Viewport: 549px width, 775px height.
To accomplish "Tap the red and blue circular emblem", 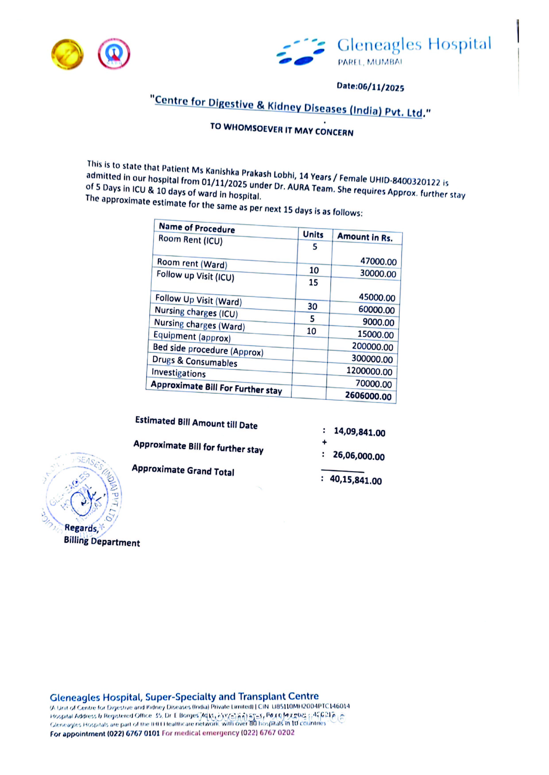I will (x=114, y=54).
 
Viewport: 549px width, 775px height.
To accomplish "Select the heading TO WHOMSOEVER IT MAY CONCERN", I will (x=282, y=129).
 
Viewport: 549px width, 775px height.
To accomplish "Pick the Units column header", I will (x=313, y=234).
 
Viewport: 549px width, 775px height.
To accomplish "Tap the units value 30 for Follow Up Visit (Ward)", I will (x=312, y=306).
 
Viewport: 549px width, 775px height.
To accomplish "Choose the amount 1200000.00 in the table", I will (x=369, y=371).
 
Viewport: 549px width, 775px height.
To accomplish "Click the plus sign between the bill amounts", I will (x=324, y=442).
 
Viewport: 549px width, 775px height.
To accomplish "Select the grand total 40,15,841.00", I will (x=356, y=480).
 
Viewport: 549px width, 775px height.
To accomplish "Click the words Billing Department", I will (x=102, y=542).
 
